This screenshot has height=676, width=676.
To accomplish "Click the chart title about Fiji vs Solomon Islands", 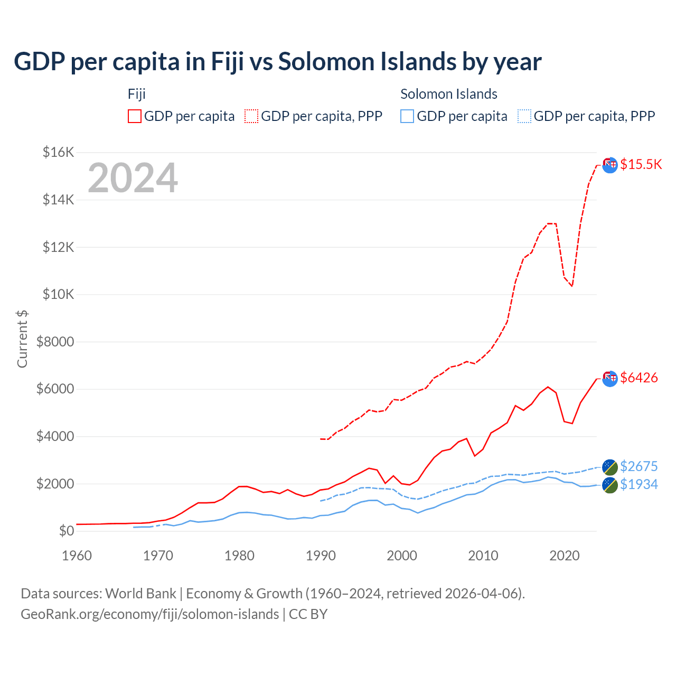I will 277,62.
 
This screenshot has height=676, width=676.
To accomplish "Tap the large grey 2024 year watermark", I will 133,179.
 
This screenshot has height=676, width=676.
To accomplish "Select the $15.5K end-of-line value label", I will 641,164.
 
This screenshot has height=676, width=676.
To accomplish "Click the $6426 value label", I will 639,378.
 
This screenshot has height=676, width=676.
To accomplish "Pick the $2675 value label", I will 639,466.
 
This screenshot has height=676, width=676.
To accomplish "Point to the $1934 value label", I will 639,484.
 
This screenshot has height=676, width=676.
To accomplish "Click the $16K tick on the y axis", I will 58,153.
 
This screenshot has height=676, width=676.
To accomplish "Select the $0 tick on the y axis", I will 66,531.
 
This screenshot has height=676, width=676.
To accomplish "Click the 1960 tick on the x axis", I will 77,556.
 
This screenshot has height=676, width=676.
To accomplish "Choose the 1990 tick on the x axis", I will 321,556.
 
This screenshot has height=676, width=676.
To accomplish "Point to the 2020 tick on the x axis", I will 564,556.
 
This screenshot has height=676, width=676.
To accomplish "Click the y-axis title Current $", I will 22,339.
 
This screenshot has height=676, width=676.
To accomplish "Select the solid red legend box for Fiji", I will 135,116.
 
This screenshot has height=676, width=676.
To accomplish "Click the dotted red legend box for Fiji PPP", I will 251,116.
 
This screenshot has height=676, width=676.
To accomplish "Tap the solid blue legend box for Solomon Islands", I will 407,116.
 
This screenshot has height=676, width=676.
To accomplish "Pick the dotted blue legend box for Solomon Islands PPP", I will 524,116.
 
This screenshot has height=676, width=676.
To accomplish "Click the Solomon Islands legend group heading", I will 448,94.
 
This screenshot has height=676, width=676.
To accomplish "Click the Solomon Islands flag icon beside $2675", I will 610,467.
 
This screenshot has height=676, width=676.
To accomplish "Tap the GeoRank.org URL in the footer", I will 149,614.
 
